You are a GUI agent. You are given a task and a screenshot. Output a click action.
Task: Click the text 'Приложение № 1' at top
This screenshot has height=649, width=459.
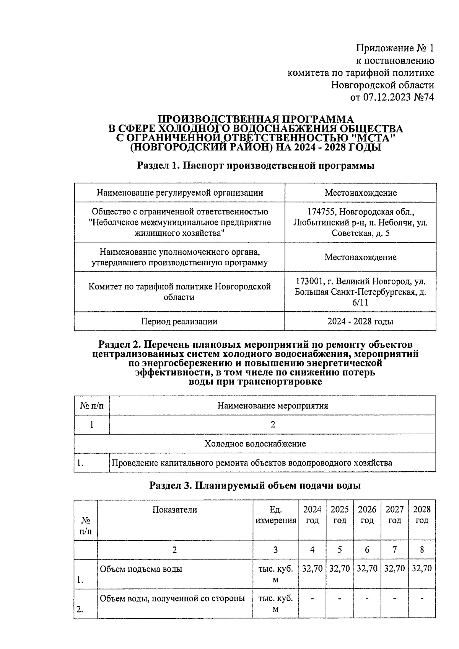(395, 48)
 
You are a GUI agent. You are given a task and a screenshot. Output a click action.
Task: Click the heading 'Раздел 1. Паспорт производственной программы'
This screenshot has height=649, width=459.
(256, 166)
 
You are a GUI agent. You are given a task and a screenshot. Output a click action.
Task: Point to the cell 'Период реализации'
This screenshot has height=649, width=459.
(179, 321)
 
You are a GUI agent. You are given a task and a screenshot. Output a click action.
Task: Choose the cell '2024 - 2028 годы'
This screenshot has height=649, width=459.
(360, 321)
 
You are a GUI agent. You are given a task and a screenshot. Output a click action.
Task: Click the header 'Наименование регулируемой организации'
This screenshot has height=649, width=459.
(179, 193)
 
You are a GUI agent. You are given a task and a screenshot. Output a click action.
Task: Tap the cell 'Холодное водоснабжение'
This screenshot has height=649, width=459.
(255, 444)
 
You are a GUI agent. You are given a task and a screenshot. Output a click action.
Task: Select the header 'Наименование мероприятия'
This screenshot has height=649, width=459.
(272, 405)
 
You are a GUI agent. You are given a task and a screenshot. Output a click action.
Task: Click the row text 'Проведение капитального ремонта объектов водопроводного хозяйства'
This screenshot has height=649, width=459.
(251, 463)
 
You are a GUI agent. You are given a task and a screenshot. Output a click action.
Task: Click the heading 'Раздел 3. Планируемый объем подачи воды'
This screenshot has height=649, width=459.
(255, 486)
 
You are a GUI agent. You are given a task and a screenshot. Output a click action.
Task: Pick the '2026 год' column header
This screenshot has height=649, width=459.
(367, 515)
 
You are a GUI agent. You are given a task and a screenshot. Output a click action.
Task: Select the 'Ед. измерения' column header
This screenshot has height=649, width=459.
(275, 515)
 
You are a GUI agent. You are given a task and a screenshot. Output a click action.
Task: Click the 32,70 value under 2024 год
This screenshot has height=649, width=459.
(312, 569)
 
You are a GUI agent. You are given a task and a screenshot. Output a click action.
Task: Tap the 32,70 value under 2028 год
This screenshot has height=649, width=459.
(422, 569)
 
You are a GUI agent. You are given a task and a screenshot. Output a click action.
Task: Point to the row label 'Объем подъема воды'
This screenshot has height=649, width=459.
(141, 569)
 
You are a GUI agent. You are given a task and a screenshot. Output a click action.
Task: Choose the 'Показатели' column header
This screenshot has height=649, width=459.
(174, 510)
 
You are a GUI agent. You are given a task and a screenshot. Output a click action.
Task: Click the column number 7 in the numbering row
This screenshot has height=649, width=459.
(394, 550)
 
